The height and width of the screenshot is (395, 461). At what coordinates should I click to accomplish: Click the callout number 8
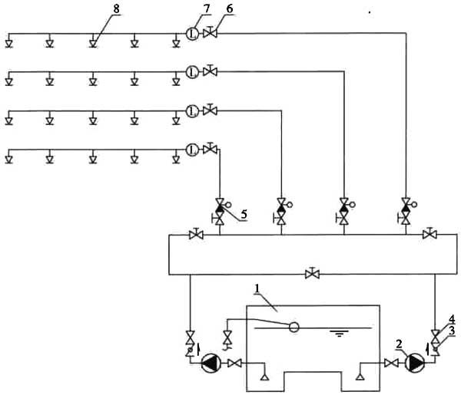pyautogui.click(x=117, y=9)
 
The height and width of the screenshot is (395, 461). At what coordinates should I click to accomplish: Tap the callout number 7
pyautogui.click(x=207, y=8)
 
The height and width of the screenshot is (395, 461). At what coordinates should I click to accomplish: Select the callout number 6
pyautogui.click(x=230, y=8)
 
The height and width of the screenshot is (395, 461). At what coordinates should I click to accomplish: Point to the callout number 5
pyautogui.click(x=244, y=214)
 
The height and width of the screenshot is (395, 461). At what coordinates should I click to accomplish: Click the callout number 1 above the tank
pyautogui.click(x=257, y=288)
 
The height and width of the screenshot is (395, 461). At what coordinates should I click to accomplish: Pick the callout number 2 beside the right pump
pyautogui.click(x=399, y=344)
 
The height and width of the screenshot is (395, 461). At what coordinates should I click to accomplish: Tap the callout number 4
pyautogui.click(x=452, y=319)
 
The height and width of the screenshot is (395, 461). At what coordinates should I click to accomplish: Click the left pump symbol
pyautogui.click(x=211, y=364)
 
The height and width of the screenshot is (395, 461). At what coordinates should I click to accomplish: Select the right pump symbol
pyautogui.click(x=415, y=364)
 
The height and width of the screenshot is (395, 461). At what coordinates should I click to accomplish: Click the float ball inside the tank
pyautogui.click(x=294, y=327)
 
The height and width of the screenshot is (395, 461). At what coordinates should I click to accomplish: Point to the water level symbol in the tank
pyautogui.click(x=339, y=333)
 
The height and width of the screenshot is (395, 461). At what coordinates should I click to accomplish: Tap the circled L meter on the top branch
pyautogui.click(x=192, y=34)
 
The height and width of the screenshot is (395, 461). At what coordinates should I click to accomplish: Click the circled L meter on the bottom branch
pyautogui.click(x=192, y=150)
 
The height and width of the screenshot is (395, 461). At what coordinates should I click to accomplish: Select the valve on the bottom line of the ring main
pyautogui.click(x=312, y=273)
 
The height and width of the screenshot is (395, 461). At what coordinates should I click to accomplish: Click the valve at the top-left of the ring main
pyautogui.click(x=196, y=234)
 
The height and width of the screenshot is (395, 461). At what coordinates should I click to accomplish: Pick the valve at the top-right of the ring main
pyautogui.click(x=429, y=233)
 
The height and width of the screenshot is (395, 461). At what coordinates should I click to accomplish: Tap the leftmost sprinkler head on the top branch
pyautogui.click(x=8, y=44)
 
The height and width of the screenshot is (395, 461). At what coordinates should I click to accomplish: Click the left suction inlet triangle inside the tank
pyautogui.click(x=264, y=377)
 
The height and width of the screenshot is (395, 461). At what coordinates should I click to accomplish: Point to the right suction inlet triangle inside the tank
pyautogui.click(x=360, y=377)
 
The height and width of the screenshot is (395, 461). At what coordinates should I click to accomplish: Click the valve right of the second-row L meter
pyautogui.click(x=210, y=71)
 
